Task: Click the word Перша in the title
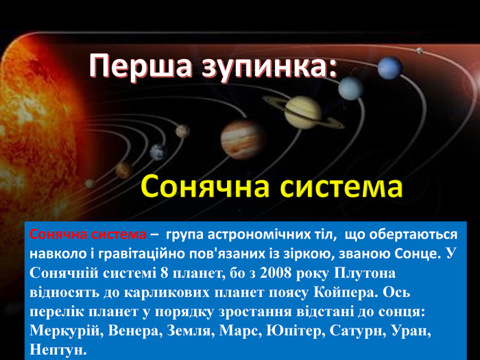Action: click(141, 66)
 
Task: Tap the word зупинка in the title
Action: click(266, 66)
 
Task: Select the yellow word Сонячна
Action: click(206, 187)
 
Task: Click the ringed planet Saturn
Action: click(303, 112)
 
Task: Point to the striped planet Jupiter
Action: click(243, 140)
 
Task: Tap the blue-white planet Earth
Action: click(158, 152)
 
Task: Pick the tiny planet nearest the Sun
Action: click(91, 184)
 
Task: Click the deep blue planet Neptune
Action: click(389, 69)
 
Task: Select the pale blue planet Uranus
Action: click(350, 88)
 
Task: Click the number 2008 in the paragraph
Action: click(276, 273)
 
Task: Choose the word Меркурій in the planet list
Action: click(65, 331)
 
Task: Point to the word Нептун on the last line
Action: click(58, 350)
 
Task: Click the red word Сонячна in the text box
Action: click(58, 235)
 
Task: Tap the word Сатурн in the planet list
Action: click(357, 331)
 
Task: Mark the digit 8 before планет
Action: click(165, 273)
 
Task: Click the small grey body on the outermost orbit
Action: click(418, 51)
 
